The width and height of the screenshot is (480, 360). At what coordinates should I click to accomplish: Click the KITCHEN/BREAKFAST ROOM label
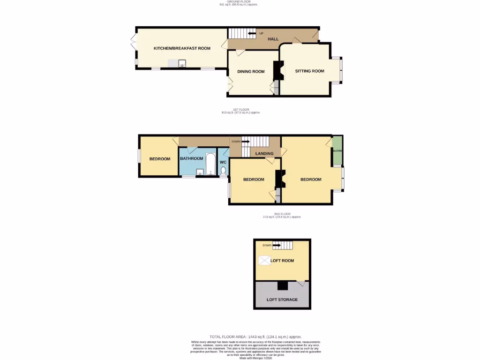(x=182, y=48)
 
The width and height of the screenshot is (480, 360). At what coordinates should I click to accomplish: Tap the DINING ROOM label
(x=251, y=72)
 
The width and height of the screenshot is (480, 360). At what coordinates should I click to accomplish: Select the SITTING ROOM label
(x=309, y=71)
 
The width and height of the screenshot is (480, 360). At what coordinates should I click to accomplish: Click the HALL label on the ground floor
(x=273, y=39)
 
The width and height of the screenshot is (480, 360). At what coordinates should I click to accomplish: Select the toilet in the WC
(x=223, y=170)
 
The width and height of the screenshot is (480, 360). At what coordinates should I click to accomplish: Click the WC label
(x=223, y=162)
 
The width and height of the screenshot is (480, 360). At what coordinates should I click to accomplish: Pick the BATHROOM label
(x=191, y=158)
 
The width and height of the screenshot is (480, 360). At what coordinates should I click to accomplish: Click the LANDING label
(x=264, y=153)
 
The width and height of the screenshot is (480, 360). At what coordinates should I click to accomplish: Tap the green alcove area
(x=337, y=151)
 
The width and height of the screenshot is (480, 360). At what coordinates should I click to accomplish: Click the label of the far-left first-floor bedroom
(x=160, y=159)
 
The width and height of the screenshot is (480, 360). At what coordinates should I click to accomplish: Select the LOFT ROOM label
(x=282, y=261)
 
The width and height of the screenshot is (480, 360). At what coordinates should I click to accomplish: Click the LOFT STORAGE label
(x=282, y=300)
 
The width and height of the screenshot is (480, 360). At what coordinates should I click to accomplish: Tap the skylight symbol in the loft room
(x=264, y=261)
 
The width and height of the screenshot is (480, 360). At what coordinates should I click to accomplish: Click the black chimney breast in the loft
(x=282, y=285)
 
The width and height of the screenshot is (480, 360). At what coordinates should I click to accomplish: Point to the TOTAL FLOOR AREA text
(x=255, y=337)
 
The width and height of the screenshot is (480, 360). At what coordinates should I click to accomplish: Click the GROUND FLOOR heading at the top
(x=238, y=2)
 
